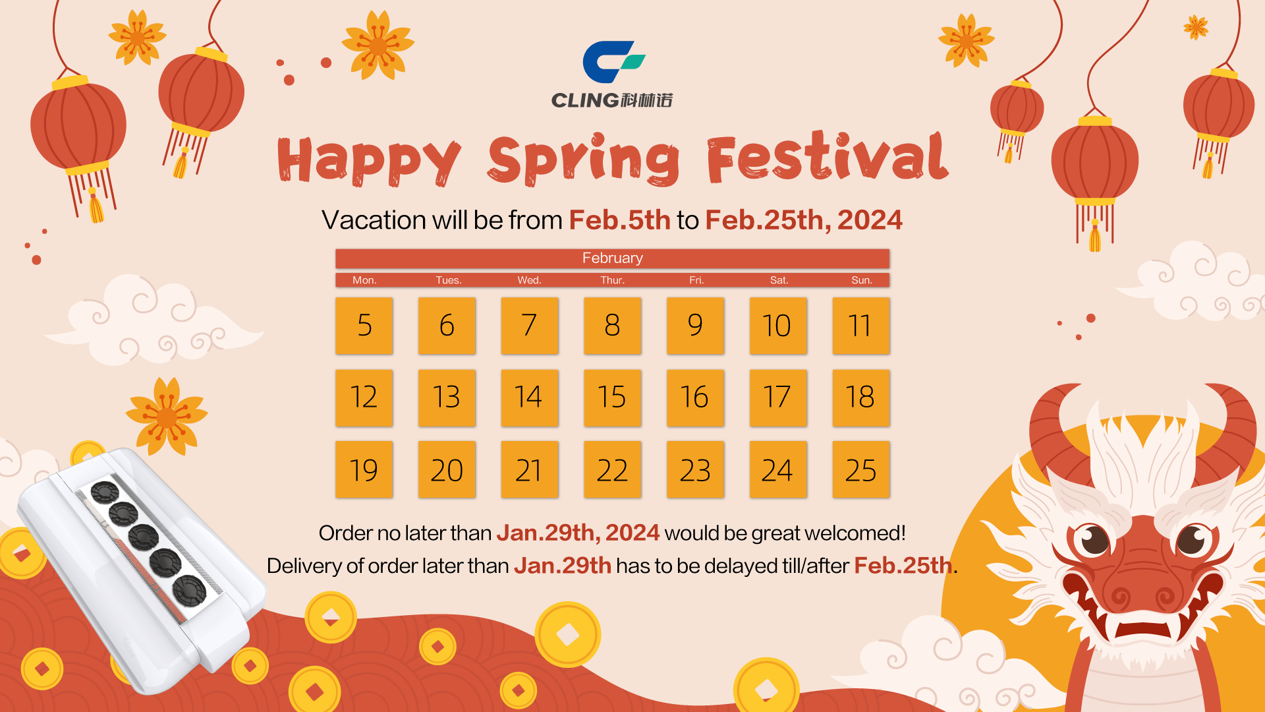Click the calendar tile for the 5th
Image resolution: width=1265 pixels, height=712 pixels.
coord(364,326)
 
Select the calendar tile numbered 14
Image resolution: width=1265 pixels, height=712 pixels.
coord(530,398)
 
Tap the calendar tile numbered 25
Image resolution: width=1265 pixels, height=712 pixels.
coord(860,470)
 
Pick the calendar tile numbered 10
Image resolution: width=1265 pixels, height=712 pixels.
coord(777,326)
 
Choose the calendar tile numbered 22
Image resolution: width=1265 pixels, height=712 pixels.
coord(612,470)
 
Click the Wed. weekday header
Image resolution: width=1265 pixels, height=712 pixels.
coord(529,280)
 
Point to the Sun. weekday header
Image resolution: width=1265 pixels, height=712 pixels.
coord(861,280)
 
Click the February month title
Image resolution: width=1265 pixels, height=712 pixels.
coord(612,258)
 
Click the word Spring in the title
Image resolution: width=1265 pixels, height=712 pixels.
coord(584,160)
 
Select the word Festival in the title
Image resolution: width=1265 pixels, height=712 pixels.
coord(828,158)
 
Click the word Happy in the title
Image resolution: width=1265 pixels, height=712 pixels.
coord(369,161)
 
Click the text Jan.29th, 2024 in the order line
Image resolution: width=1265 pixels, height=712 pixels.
coord(578,533)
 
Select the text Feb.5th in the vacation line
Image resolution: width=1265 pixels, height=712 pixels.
coord(619,220)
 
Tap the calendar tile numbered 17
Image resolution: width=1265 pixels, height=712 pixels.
coord(777,398)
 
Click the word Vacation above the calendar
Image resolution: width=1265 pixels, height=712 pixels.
coord(374,220)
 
